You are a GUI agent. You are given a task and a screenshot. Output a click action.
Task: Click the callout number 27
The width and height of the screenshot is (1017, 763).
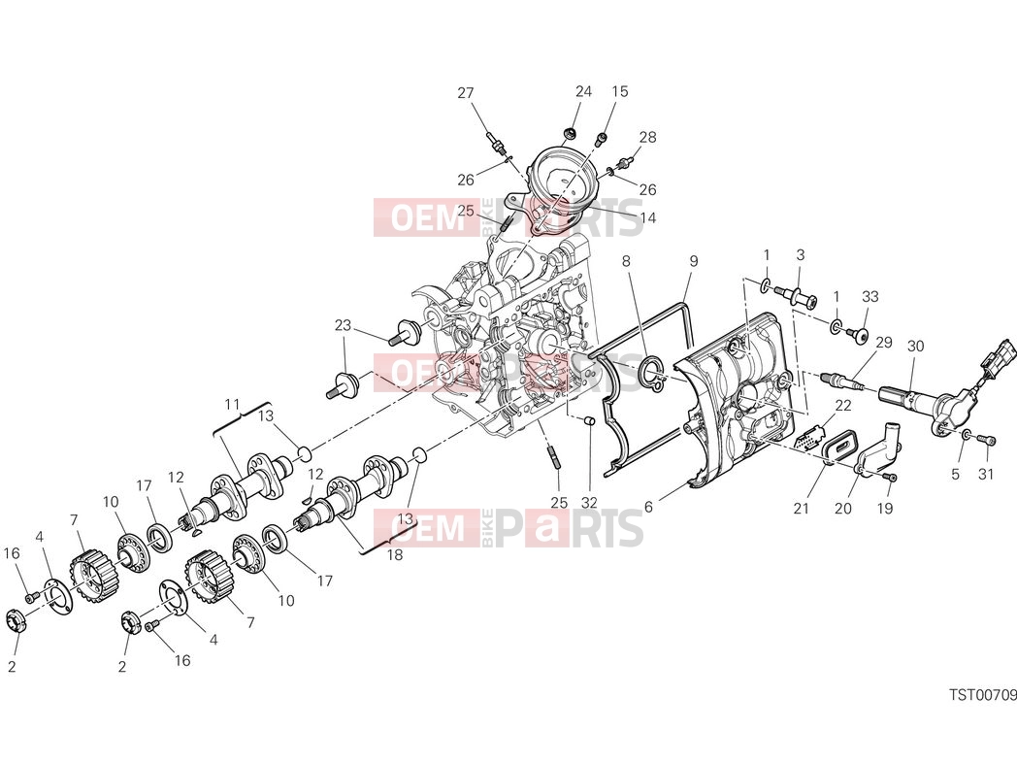pos(466,93)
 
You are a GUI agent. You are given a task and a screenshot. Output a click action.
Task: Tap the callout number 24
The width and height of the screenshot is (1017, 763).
pos(584,91)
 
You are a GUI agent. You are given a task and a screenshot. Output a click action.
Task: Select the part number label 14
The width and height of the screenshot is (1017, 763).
pos(648,218)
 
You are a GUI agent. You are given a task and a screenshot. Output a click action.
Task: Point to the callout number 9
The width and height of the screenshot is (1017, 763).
pos(693,261)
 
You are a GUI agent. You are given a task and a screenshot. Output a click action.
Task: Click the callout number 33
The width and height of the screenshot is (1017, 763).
pos(869,296)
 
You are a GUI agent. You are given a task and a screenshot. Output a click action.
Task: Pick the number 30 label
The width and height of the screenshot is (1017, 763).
pos(915,347)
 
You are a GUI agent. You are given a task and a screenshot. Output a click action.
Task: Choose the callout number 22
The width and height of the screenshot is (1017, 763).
pos(842,406)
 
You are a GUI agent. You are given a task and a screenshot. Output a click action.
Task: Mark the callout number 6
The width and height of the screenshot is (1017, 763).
pos(648,508)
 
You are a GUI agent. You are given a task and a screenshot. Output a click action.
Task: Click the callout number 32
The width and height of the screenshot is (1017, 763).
pos(589,503)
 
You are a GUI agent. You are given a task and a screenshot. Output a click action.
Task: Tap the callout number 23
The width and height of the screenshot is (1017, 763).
pos(344,325)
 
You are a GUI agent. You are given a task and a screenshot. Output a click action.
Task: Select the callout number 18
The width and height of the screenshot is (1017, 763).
pos(394,554)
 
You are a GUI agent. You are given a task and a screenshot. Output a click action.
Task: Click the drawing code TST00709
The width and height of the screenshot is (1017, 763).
pos(983,695)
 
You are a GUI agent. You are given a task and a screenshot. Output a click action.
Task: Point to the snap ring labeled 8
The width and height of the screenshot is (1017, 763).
pos(650,373)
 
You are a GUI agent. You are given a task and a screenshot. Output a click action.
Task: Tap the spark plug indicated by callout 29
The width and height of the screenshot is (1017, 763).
pos(842,381)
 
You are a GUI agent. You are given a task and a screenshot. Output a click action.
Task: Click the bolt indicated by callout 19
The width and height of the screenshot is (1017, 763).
pos(892,478)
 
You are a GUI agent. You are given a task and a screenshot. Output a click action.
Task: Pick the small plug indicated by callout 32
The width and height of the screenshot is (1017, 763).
pos(589,421)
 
